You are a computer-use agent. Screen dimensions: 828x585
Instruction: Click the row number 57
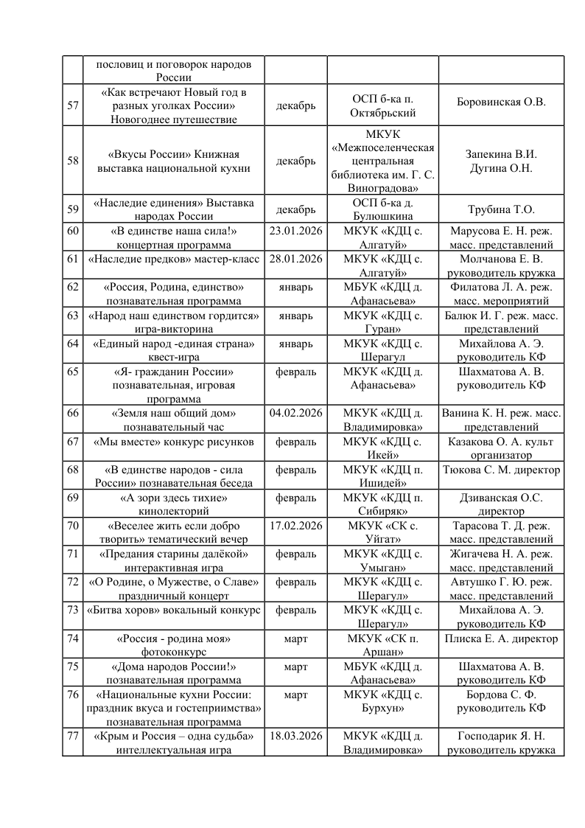73,105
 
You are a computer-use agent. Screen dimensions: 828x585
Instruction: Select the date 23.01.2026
295,230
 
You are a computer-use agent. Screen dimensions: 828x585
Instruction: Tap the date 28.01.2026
295,258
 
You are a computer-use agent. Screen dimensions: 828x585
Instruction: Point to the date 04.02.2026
295,413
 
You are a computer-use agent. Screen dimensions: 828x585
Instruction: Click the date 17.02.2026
295,526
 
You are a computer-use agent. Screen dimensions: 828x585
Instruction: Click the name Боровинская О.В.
501,102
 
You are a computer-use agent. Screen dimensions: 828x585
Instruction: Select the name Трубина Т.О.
501,209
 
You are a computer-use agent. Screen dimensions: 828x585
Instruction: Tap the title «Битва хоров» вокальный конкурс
173,610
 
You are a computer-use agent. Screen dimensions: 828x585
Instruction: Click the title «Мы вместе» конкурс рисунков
173,442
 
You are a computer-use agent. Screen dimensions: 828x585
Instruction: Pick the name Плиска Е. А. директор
501,639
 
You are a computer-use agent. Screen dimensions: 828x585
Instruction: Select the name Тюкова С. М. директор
501,470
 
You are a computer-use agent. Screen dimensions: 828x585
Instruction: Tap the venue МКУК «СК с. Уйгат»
383,533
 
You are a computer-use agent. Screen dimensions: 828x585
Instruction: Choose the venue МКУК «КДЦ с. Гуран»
383,323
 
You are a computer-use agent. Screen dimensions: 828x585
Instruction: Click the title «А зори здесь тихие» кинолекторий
173,504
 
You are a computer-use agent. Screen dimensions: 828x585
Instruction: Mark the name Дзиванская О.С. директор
501,504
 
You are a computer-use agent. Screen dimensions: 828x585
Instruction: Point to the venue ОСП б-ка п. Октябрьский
383,105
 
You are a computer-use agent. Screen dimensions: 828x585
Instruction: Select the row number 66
73,413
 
